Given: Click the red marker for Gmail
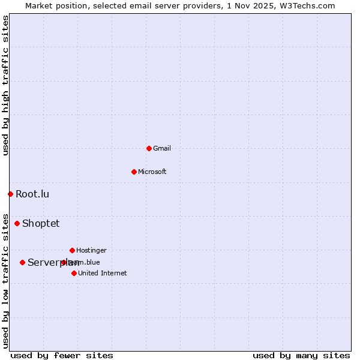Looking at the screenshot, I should point(149,148).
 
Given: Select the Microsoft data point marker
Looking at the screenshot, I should point(134,172).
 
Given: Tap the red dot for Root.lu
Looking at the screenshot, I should point(10,194).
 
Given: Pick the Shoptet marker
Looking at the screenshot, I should point(17,223).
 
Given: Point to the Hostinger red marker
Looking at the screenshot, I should point(72,250).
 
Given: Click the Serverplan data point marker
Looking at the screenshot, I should point(22,262).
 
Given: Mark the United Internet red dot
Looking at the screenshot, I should point(74,273).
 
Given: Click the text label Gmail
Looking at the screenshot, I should point(162,148).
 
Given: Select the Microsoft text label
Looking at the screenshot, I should point(152,172).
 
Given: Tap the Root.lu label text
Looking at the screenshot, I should point(32,194).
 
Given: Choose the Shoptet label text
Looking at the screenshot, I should point(41,223).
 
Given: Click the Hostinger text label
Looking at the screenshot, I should point(91,250).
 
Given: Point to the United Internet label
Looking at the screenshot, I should point(103,273).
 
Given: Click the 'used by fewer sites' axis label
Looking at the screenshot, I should point(62,355).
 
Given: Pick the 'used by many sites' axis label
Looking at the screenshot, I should point(301,355).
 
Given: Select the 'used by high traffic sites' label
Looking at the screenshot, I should point(5,85).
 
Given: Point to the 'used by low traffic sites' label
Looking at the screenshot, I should point(5,280).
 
